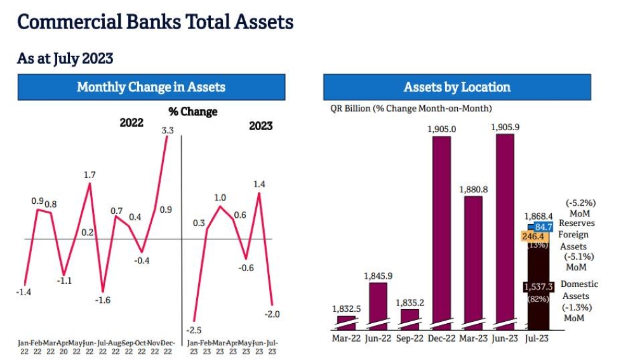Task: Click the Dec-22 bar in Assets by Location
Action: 441,229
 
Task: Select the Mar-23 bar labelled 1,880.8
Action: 473,260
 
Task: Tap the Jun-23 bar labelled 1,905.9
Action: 505,229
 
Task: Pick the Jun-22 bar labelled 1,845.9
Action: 378,305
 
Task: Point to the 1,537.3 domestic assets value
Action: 538,287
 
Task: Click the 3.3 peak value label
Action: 168,130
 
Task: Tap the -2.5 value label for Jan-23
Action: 195,329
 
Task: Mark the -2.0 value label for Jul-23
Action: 273,314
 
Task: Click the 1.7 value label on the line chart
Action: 90,174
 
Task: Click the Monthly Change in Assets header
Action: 151,87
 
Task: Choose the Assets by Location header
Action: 457,87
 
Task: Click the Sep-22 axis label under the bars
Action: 410,338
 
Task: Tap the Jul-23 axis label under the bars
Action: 537,338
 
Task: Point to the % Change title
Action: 192,112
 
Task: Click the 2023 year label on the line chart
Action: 260,126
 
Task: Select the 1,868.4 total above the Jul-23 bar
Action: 538,217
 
